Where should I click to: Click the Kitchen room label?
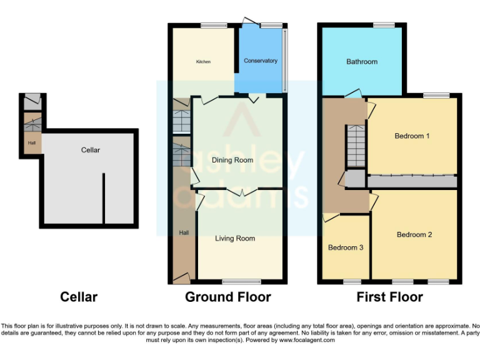click(x=203, y=62)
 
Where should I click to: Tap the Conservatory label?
click(x=260, y=61)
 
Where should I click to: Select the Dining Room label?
click(x=232, y=160)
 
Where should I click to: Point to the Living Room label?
click(x=235, y=238)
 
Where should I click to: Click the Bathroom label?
click(x=362, y=62)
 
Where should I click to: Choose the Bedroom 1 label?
click(x=412, y=136)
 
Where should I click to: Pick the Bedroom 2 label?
click(x=414, y=235)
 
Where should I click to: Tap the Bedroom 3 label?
click(x=346, y=247)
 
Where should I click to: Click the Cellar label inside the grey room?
click(x=90, y=150)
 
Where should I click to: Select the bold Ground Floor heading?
click(x=227, y=297)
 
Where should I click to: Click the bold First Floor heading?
click(x=389, y=297)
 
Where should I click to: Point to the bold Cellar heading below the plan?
click(x=79, y=297)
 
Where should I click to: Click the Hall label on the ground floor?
click(x=184, y=232)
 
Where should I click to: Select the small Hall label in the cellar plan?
click(x=31, y=143)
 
